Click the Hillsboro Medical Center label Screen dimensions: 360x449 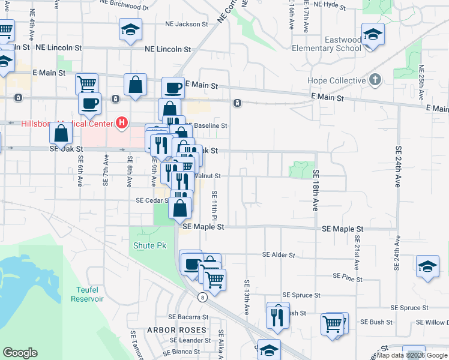click(67, 124)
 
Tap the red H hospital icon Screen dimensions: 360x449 click(122, 124)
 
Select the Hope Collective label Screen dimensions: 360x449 click(336, 80)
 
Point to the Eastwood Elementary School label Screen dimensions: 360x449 click(327, 44)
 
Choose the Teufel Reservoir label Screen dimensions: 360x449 click(86, 294)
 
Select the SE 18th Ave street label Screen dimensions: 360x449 click(315, 190)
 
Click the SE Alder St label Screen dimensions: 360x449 click(279, 254)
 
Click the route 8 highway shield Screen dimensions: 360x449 click(203, 296)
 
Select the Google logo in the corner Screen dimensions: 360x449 click(20, 353)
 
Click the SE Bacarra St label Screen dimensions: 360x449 click(188, 316)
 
